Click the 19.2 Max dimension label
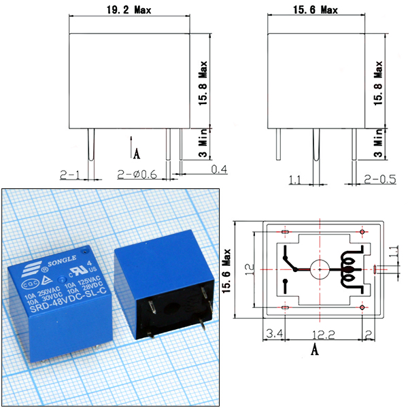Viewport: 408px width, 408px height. click(x=129, y=10)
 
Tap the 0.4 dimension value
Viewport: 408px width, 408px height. click(x=219, y=169)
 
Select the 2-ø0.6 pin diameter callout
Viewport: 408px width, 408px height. click(x=137, y=174)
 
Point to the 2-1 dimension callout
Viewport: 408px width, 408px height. click(x=70, y=175)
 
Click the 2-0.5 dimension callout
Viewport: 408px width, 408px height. click(x=380, y=179)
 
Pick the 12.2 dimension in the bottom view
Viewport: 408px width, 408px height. click(x=323, y=335)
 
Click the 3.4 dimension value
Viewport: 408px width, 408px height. click(x=274, y=333)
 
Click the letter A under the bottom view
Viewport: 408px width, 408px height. click(x=315, y=350)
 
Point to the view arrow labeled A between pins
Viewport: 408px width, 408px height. click(x=132, y=148)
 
